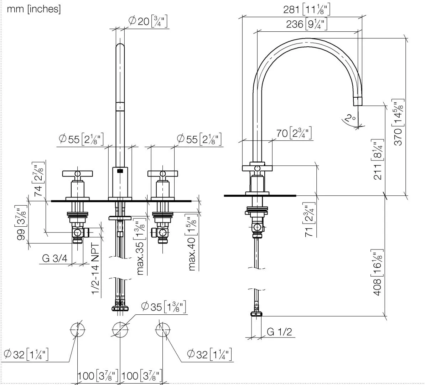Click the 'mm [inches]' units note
tap(34, 9)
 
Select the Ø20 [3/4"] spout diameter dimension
tap(147, 21)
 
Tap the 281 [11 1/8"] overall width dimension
tap(306, 9)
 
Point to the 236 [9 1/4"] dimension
tap(306, 24)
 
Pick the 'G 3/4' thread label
tap(55, 258)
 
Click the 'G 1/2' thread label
tap(279, 332)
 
